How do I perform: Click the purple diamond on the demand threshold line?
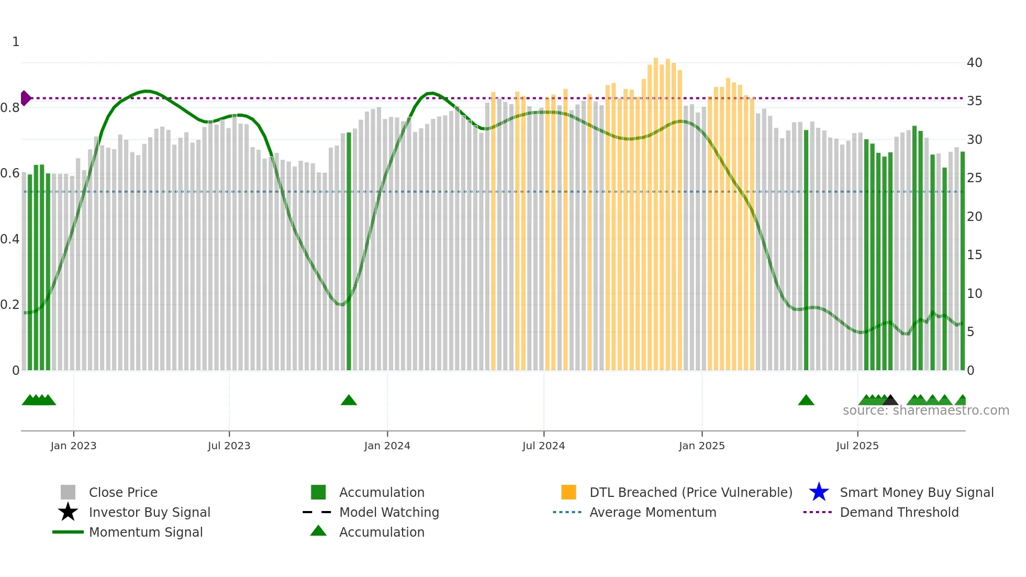(x=25, y=98)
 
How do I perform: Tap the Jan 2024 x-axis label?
(x=387, y=446)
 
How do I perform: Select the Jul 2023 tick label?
(x=229, y=446)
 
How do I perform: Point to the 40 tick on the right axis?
(x=974, y=63)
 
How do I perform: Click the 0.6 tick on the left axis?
(x=9, y=173)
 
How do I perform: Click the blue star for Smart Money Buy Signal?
(x=819, y=492)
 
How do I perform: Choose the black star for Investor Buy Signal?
(x=68, y=512)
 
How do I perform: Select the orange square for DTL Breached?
(x=568, y=492)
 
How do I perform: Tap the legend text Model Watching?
(x=389, y=512)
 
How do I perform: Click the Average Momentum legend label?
(x=653, y=512)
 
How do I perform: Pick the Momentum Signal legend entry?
(x=146, y=532)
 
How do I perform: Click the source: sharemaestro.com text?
(x=925, y=410)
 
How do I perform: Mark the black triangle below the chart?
(x=890, y=401)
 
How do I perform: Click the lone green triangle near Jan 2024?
(x=349, y=401)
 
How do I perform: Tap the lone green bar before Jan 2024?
(x=349, y=251)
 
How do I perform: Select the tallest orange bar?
(x=656, y=209)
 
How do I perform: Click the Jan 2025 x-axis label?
(x=701, y=446)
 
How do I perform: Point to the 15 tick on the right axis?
(x=974, y=255)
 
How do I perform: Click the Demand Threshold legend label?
(x=899, y=512)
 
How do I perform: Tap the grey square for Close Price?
(x=68, y=492)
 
